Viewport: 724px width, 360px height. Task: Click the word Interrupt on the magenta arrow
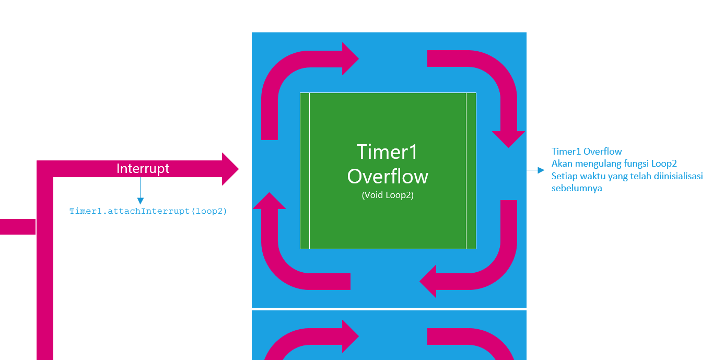(x=143, y=169)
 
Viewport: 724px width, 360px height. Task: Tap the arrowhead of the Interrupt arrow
(x=229, y=169)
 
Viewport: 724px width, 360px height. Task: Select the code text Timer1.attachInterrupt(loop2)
(x=148, y=212)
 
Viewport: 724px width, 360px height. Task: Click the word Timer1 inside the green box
(x=388, y=152)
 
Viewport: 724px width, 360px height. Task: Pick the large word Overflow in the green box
(x=388, y=177)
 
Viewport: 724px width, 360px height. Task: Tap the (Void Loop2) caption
(x=388, y=196)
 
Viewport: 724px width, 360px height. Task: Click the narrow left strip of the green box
(x=305, y=171)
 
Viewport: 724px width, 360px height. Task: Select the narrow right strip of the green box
(x=471, y=171)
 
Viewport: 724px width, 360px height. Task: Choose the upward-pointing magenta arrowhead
(x=270, y=201)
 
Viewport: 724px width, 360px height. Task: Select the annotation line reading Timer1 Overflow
(x=587, y=152)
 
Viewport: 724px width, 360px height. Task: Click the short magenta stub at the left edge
(x=17, y=227)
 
